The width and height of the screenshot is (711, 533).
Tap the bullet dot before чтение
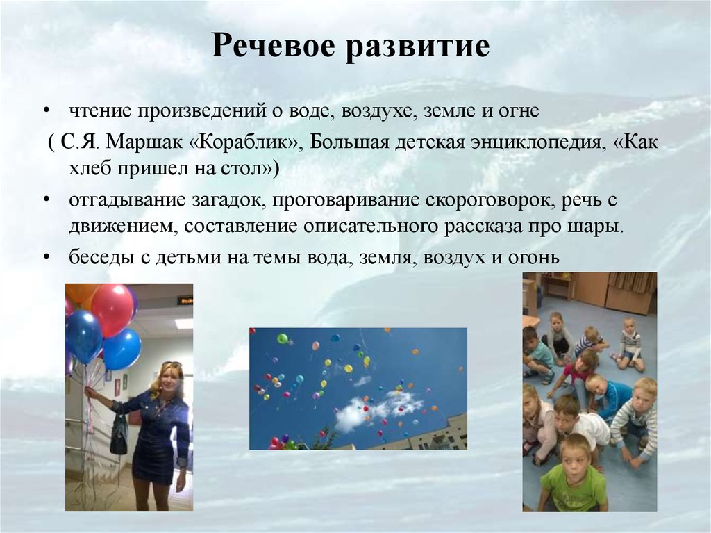click(x=46, y=112)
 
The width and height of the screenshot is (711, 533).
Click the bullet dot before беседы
click(x=46, y=258)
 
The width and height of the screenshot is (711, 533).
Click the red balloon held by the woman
click(x=112, y=309)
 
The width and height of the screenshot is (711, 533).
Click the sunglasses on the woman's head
click(x=172, y=364)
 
